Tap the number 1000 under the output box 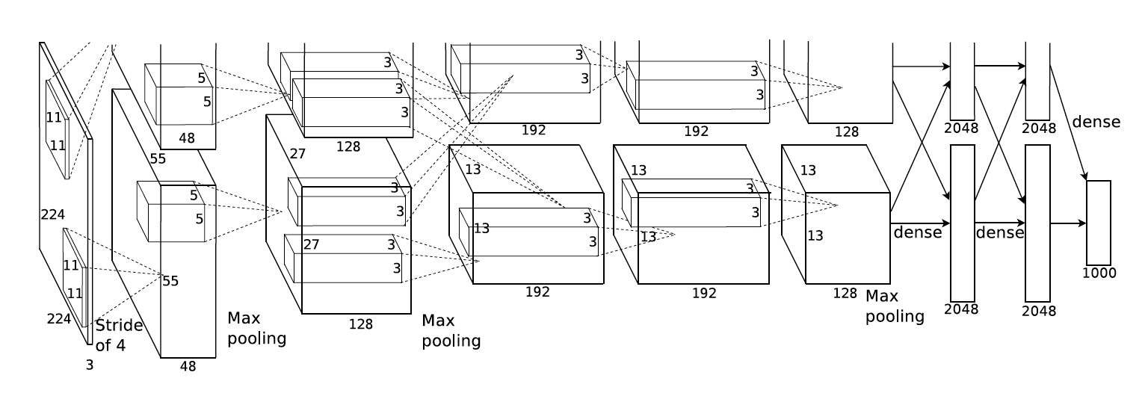1099,273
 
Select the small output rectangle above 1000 1098,223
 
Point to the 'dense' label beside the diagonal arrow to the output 1096,122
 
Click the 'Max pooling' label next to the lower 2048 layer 894,307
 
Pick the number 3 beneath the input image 90,365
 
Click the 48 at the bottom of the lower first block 188,366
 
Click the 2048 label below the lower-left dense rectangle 961,309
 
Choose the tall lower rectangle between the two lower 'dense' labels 962,223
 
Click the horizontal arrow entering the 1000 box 1068,223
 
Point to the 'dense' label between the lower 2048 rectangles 999,233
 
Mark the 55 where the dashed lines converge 170,281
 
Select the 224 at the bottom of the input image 59,319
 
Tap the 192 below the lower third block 537,292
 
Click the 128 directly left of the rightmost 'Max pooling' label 845,294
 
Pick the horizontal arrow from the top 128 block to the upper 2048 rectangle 921,66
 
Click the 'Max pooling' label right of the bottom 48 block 256,328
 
